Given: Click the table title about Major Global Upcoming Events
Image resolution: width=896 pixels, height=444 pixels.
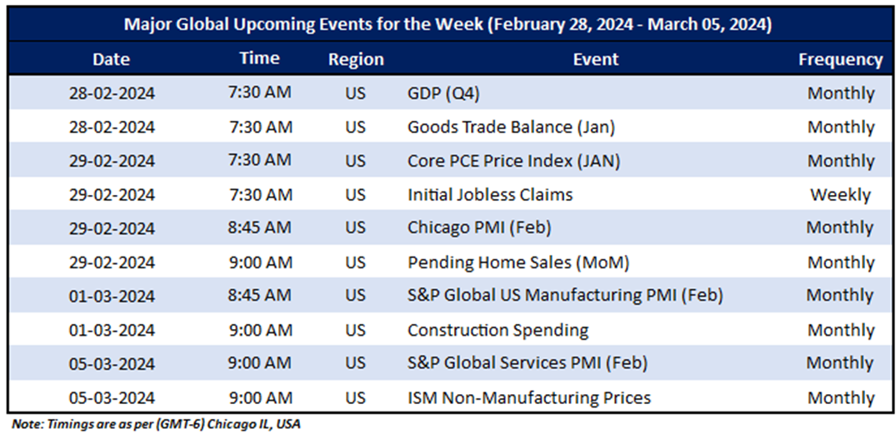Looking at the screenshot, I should point(448,24).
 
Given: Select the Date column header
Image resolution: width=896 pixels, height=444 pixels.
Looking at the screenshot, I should point(112,59).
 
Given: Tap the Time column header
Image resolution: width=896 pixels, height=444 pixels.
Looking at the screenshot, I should point(259,58).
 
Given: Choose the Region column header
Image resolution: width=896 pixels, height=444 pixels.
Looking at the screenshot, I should point(356,59).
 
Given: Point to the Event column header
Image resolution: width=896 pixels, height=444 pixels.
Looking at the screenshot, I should point(595,59).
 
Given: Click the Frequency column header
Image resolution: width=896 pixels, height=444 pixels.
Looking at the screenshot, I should point(840,59).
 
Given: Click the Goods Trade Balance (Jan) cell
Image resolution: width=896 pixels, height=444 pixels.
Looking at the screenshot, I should point(511,127).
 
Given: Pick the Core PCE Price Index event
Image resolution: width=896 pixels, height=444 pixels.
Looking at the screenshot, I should point(513,161).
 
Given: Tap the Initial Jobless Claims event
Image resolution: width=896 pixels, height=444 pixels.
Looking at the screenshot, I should point(490,195).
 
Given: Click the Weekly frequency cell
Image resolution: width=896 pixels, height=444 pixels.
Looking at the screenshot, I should point(840,195).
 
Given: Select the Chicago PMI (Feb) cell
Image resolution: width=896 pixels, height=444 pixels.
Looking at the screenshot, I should point(479,227).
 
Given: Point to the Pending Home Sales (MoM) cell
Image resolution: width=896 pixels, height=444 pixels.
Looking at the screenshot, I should point(518,262).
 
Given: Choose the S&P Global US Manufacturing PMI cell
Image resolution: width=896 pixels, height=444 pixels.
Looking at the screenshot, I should point(564,295).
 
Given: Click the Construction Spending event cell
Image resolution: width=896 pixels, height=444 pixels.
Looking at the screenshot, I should point(498,330).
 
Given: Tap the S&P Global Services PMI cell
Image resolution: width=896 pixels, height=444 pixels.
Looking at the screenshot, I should point(527,363).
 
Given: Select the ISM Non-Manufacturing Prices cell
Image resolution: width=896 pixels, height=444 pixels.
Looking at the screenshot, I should point(528,397).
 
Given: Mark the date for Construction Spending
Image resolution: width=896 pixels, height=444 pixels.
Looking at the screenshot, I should point(112,330).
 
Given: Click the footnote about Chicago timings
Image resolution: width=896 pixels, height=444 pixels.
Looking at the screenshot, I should point(156,425).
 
